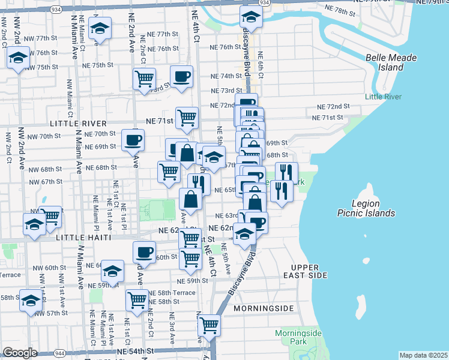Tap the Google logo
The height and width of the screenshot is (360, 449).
(x=19, y=353)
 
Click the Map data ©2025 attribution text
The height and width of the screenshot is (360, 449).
(x=423, y=355)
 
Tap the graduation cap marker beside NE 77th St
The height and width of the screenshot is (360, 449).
(x=100, y=28)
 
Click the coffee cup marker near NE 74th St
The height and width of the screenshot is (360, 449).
(x=181, y=76)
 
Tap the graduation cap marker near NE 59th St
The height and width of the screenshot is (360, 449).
(x=112, y=271)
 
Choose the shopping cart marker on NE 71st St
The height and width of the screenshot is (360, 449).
(x=187, y=118)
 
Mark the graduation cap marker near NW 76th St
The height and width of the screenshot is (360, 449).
(x=19, y=59)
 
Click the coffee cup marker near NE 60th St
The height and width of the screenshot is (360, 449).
(x=144, y=251)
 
